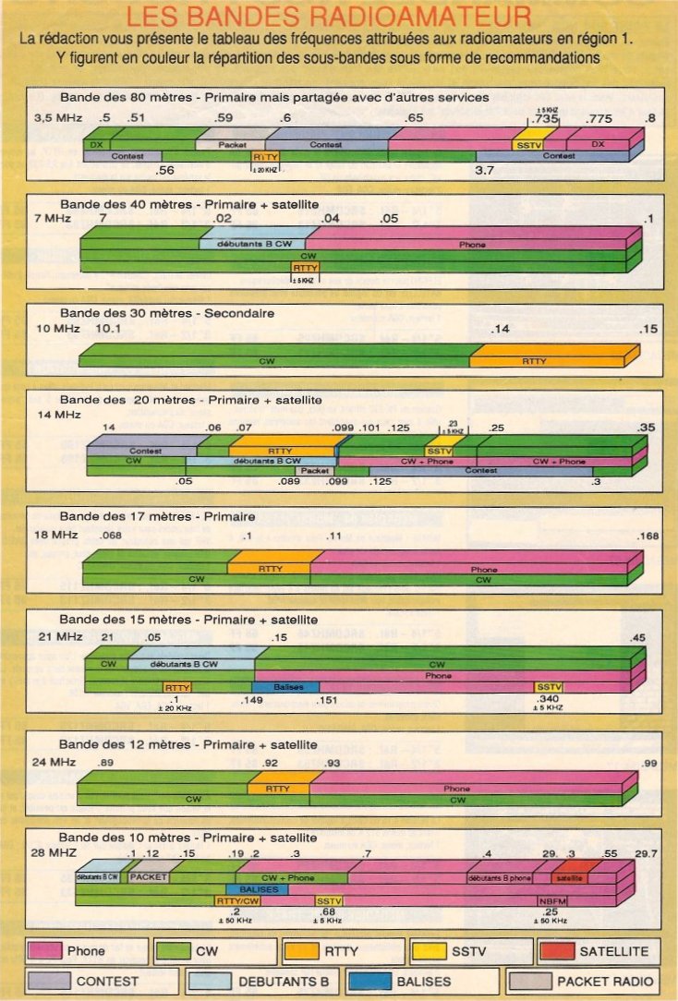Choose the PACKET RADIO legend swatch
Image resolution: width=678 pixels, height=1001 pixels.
pyautogui.click(x=527, y=981)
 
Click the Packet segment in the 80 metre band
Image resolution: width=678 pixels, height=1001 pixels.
pyautogui.click(x=230, y=145)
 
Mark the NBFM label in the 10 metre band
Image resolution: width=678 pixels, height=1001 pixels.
pyautogui.click(x=552, y=899)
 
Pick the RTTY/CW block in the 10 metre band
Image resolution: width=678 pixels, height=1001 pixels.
pyautogui.click(x=237, y=899)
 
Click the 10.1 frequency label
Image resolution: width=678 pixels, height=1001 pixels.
pyautogui.click(x=108, y=329)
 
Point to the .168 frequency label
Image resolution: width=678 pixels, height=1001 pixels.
pyautogui.click(x=648, y=537)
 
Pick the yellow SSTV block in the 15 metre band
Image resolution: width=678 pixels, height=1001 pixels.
pyautogui.click(x=548, y=687)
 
